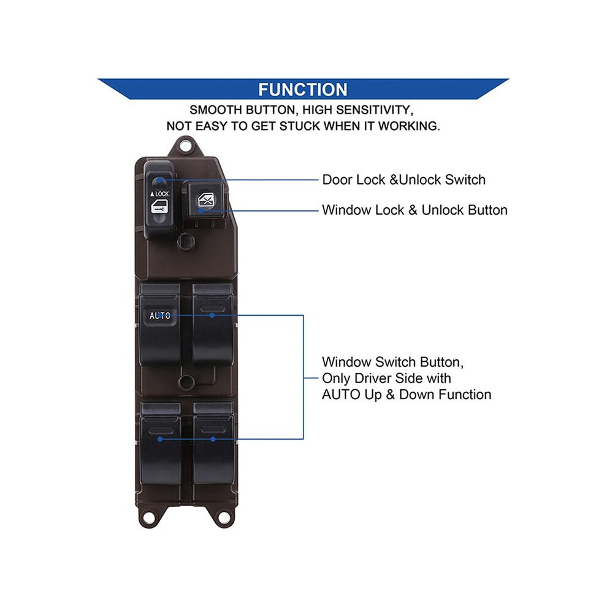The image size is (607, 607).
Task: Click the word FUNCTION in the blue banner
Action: [303, 90]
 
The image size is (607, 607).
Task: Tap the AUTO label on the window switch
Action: [160, 316]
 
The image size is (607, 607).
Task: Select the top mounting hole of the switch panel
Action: [186, 146]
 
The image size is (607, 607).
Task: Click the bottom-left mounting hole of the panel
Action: [147, 517]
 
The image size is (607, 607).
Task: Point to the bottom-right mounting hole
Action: [223, 517]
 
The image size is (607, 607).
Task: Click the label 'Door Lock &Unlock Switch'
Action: [404, 180]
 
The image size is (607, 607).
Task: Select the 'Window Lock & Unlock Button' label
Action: [414, 210]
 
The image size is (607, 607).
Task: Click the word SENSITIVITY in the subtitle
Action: [373, 110]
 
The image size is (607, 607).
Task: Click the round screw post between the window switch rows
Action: [186, 381]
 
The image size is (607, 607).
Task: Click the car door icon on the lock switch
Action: [159, 207]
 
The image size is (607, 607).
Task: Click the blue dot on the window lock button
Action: [200, 210]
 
